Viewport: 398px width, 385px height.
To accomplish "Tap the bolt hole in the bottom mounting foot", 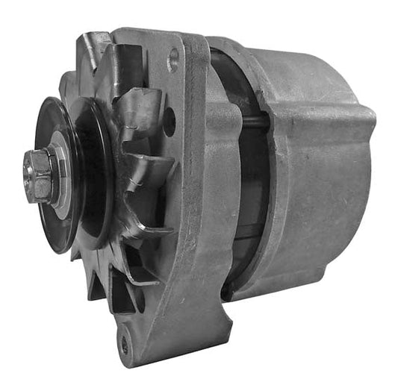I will coord(124,345).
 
